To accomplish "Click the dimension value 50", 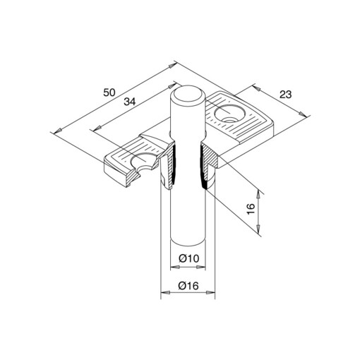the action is [109, 92].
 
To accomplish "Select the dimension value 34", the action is [130, 102].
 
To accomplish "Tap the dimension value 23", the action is [285, 95].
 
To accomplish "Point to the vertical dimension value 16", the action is [251, 209].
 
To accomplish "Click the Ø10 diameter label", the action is [188, 258].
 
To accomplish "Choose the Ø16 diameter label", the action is [188, 286].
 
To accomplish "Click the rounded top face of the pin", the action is [187, 95].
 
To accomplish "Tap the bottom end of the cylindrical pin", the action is [188, 243].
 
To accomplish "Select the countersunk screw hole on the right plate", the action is [229, 114].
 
